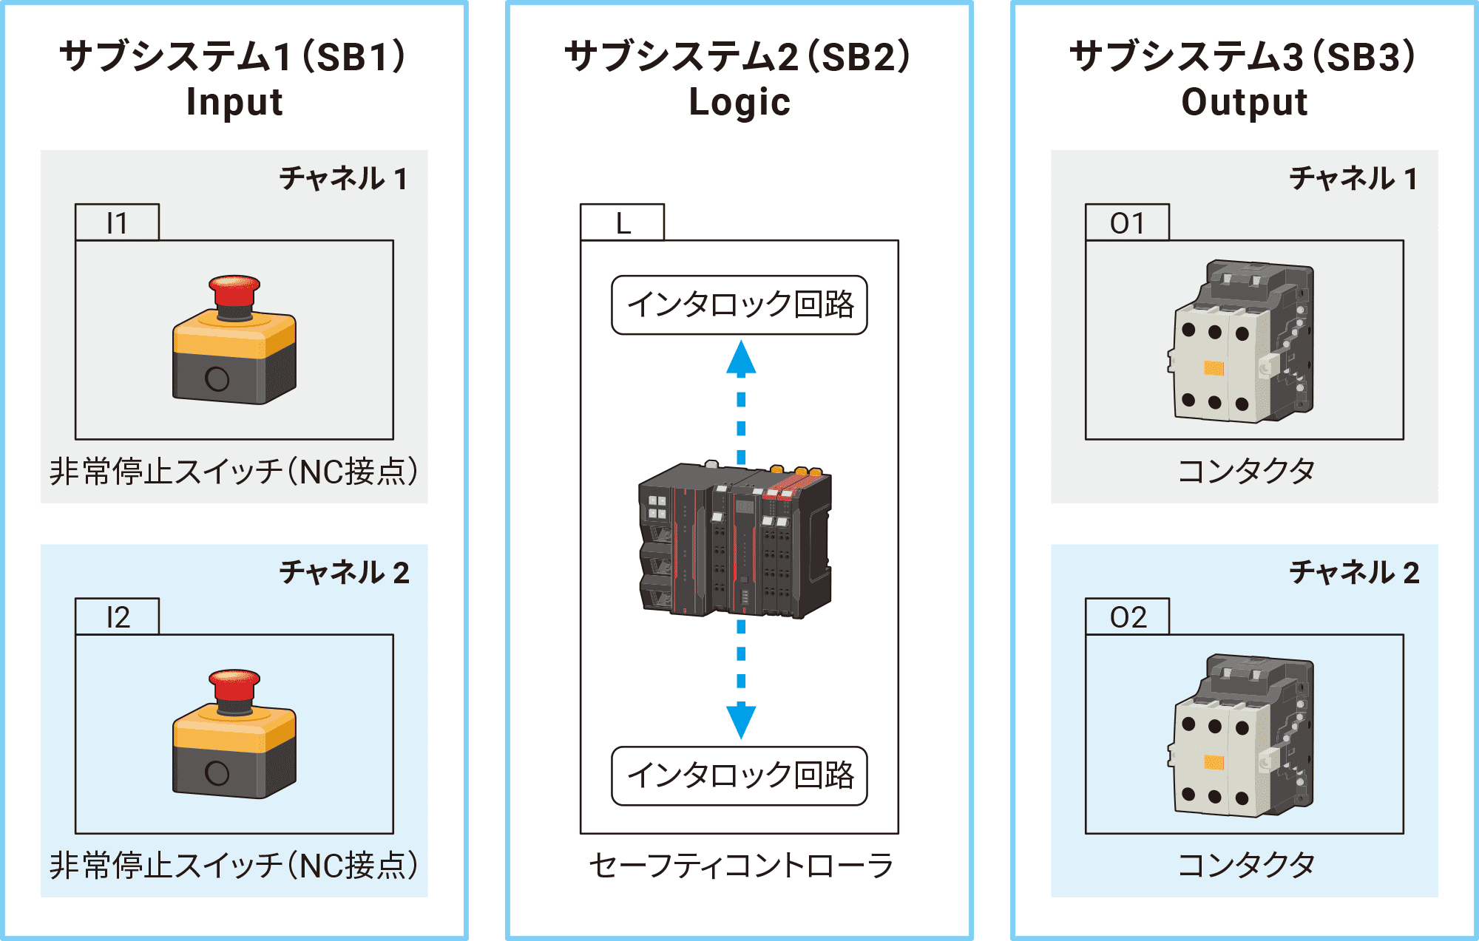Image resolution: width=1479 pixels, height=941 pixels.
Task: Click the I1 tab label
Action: tap(117, 222)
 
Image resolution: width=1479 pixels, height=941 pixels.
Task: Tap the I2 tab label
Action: tap(117, 616)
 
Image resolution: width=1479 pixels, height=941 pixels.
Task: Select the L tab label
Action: tap(623, 222)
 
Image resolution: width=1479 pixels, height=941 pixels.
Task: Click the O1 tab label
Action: tap(1127, 222)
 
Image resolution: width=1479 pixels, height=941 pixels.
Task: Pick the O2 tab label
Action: tap(1127, 616)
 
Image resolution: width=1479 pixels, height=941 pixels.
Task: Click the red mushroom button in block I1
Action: tap(234, 291)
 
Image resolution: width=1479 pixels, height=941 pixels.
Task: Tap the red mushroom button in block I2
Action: tap(234, 685)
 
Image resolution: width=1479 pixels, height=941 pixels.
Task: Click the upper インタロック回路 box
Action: tap(739, 305)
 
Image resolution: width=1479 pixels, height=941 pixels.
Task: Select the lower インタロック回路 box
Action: tap(739, 775)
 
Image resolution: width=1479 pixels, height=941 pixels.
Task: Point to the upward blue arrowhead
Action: tap(741, 357)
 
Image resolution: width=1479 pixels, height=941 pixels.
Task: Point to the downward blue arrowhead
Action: tap(741, 721)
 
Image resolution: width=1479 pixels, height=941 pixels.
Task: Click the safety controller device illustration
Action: tap(736, 540)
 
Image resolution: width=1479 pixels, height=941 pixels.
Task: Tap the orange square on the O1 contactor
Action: tap(1214, 368)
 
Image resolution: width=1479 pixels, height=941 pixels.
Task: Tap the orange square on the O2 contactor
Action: tap(1214, 762)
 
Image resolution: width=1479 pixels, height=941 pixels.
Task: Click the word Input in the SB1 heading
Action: tap(234, 102)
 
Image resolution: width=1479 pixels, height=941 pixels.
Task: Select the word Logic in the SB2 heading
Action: tap(739, 102)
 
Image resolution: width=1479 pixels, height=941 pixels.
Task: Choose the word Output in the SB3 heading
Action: tap(1245, 102)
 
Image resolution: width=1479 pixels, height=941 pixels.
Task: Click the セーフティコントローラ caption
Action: tap(741, 865)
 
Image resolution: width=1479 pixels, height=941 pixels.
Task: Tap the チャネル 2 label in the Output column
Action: tap(1354, 572)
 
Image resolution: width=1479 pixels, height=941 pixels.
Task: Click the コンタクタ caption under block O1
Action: tap(1246, 470)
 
